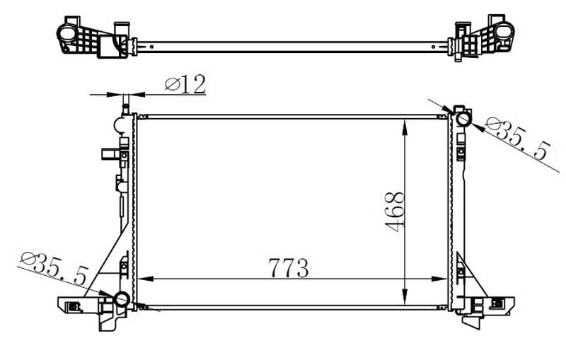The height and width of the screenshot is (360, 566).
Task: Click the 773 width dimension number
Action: coord(289,268)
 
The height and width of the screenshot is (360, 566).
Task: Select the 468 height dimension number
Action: coord(395,213)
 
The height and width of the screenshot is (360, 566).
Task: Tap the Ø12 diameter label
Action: coord(185,85)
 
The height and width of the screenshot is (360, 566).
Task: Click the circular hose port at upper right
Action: coord(463,119)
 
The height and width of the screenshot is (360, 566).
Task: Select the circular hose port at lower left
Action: coord(122,299)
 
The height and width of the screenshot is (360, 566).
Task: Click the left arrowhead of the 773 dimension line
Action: coord(141,279)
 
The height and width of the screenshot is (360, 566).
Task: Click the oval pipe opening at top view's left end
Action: coord(66,33)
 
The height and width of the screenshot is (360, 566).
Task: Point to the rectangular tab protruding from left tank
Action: coord(108,153)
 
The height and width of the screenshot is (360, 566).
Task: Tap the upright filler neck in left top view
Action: coord(120,28)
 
